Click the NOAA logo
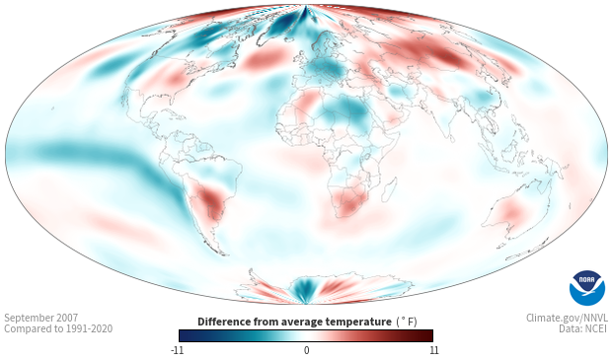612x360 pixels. (x=587, y=288)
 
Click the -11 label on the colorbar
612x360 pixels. (x=177, y=350)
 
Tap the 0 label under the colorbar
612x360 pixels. (x=306, y=350)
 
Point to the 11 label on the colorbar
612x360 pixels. (x=433, y=350)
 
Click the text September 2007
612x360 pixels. (x=41, y=318)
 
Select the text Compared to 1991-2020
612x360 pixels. (x=58, y=328)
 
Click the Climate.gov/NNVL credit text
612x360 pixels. (x=567, y=318)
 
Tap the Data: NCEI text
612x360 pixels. (x=582, y=328)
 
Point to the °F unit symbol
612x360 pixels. (x=407, y=322)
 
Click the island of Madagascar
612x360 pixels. (x=390, y=189)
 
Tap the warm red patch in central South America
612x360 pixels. (x=211, y=199)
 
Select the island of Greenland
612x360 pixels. (x=279, y=25)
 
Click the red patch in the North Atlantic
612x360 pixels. (x=263, y=59)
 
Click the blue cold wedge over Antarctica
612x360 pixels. (x=302, y=289)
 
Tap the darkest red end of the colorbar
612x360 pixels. (x=428, y=335)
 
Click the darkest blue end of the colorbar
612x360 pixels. (x=184, y=335)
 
